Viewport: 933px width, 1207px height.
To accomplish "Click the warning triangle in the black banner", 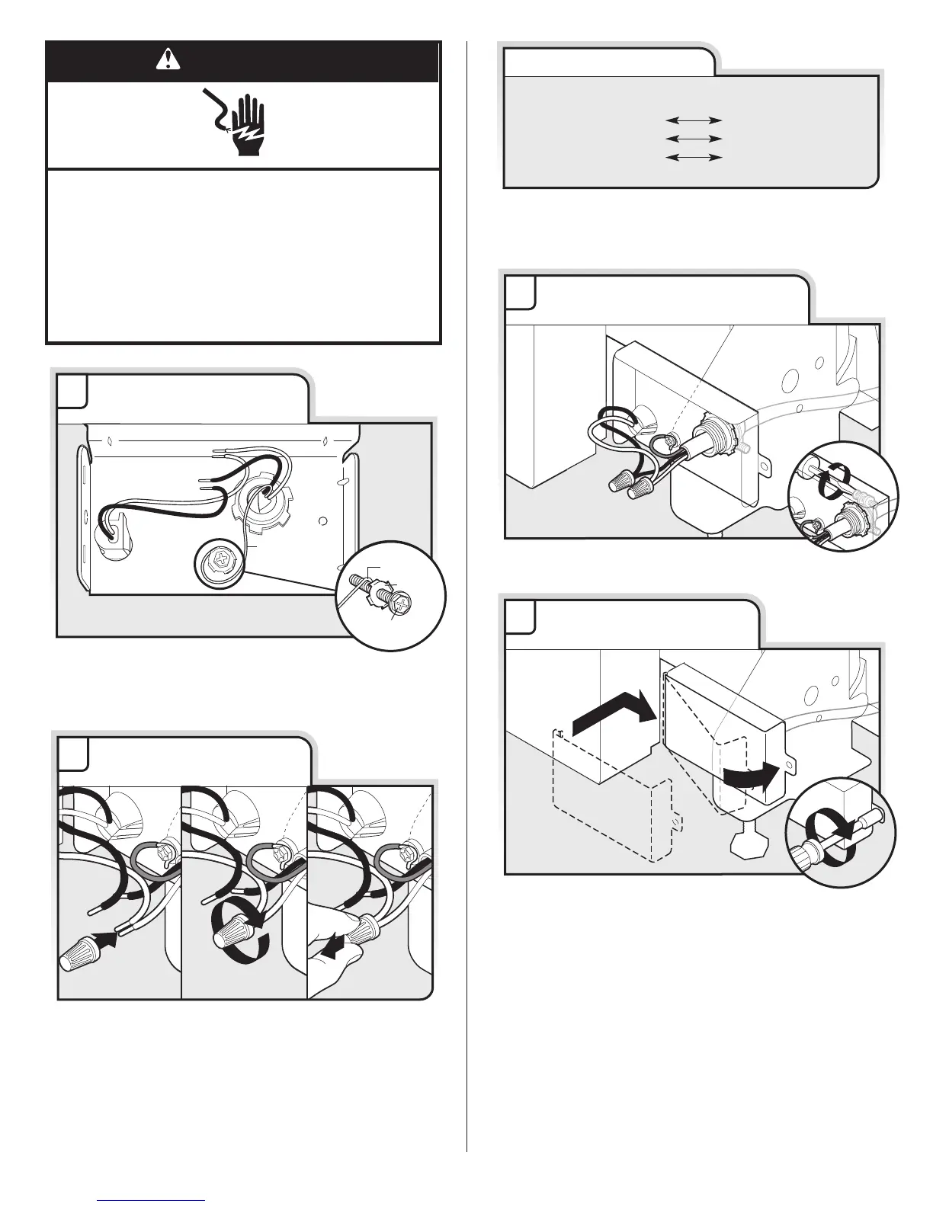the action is coord(164,59).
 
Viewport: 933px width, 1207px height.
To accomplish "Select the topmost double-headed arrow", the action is coord(693,120).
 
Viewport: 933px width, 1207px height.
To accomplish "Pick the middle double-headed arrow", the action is coord(693,139).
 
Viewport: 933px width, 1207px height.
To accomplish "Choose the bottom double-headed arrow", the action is coord(693,157).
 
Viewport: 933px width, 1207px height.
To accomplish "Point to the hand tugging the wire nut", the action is coord(335,960).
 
